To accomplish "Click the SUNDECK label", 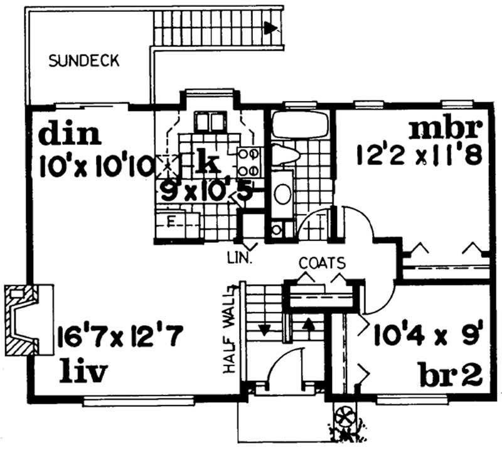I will tap(84, 62).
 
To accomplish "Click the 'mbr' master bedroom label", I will tap(446, 129).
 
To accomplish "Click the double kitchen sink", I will tap(210, 121).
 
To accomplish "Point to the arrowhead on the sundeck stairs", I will tap(270, 28).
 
